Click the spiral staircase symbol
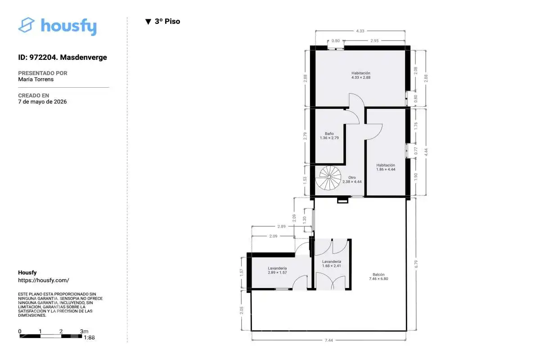[x=328, y=178]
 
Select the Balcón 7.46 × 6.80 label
[x=378, y=277]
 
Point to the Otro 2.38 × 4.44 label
[x=352, y=180]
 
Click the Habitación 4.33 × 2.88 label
[x=360, y=75]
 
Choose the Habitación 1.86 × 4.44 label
[x=386, y=167]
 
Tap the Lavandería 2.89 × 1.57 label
[x=277, y=270]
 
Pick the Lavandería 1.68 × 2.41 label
[x=332, y=264]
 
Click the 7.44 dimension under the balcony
[x=328, y=340]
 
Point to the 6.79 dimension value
[x=416, y=264]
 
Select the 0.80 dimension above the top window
[x=336, y=41]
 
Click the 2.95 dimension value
[x=374, y=41]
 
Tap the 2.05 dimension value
[x=242, y=310]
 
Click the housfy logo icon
[x=26, y=25]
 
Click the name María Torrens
[x=36, y=79]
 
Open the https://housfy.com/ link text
[x=43, y=280]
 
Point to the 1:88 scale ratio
[x=89, y=337]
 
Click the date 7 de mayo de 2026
[x=42, y=102]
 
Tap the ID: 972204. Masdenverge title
[x=63, y=58]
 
